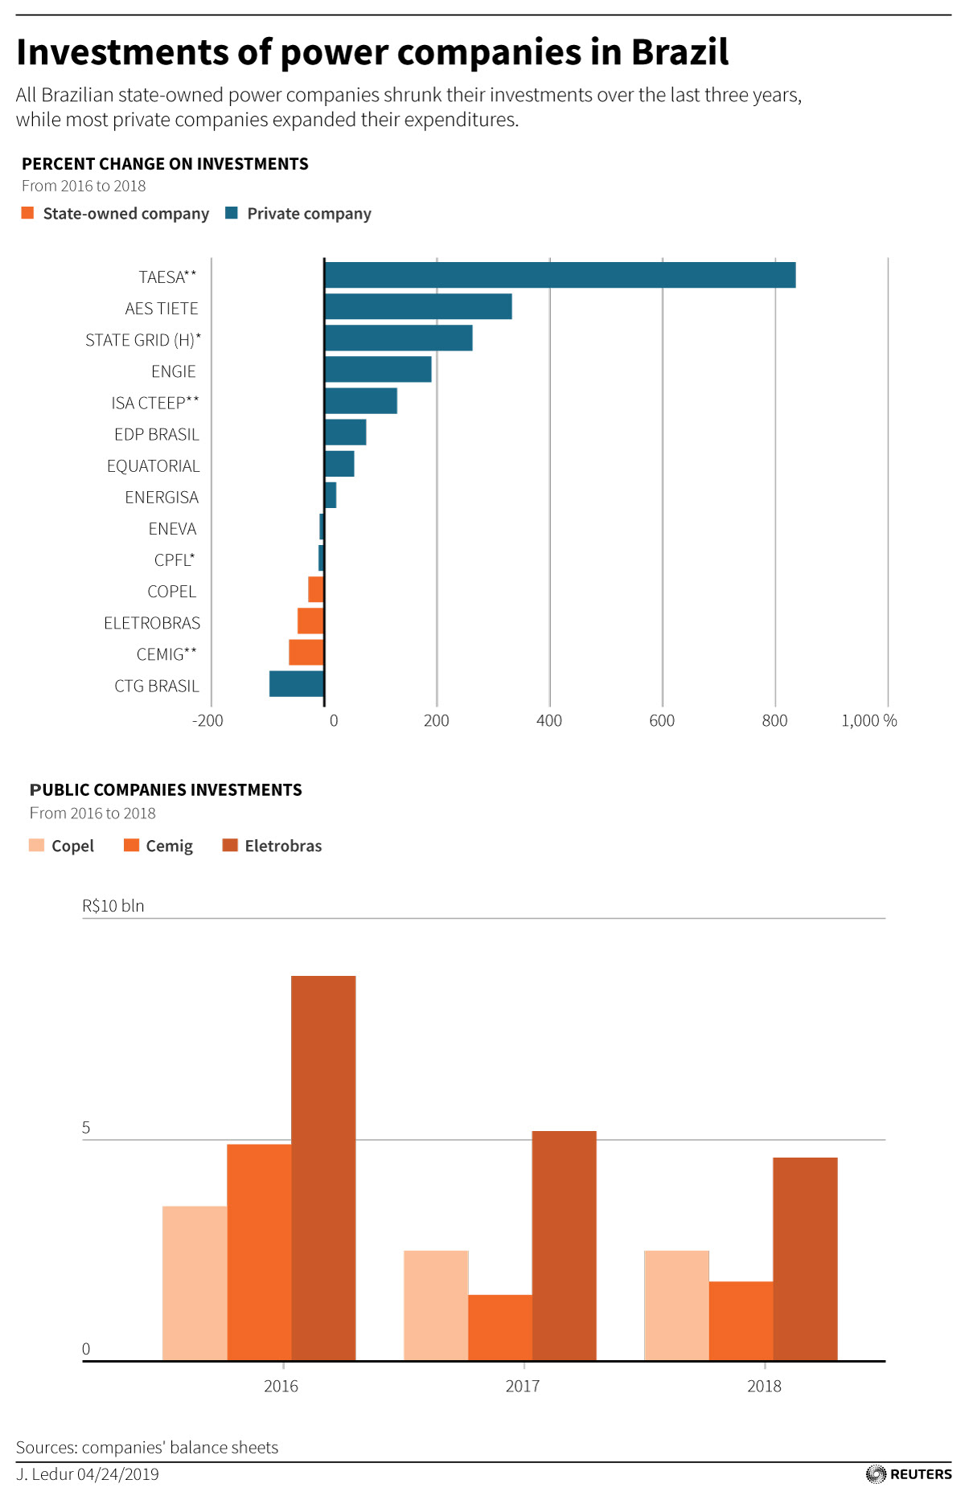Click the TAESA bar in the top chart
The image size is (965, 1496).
click(560, 275)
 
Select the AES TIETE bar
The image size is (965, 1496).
click(418, 306)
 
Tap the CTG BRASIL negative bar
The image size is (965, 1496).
click(297, 684)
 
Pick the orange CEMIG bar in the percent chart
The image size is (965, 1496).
click(306, 653)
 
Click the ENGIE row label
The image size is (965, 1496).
click(174, 371)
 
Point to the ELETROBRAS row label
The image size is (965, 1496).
click(152, 623)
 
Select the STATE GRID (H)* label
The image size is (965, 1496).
click(143, 340)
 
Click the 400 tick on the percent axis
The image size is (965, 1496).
click(549, 721)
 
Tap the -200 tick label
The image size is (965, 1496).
click(207, 721)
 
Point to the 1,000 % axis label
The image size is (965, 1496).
click(868, 721)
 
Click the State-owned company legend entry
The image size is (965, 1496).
click(117, 214)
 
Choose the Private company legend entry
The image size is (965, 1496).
click(299, 214)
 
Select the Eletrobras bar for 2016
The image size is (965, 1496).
click(323, 1167)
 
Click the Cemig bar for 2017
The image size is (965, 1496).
click(500, 1327)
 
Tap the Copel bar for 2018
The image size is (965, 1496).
click(676, 1305)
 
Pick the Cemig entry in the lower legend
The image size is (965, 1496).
click(159, 846)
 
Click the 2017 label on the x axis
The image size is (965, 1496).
click(523, 1386)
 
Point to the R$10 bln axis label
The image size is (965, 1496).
click(113, 906)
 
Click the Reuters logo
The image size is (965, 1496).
click(910, 1474)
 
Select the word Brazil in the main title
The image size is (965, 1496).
click(680, 52)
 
